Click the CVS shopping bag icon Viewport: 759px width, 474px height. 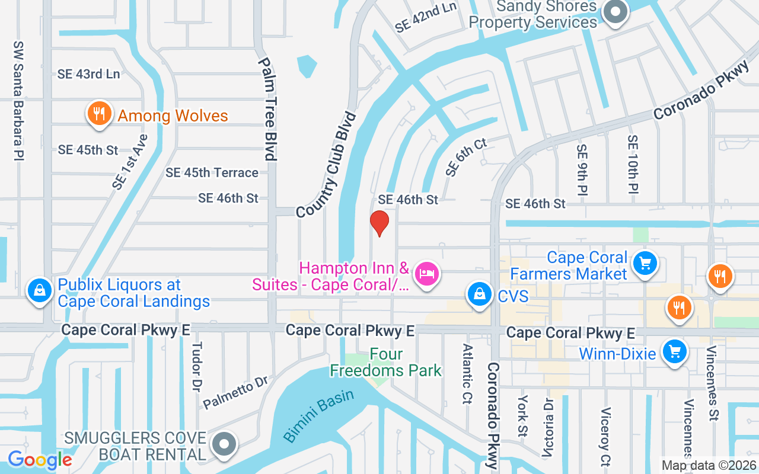coord(478,294)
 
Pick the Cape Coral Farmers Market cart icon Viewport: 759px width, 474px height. coord(645,264)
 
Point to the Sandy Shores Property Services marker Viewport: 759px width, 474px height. coord(616,11)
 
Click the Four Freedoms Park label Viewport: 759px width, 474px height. coord(385,363)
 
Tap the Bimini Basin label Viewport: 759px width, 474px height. coord(318,415)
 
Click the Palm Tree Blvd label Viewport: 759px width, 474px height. coord(267,109)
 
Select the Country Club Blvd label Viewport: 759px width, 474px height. coord(327,164)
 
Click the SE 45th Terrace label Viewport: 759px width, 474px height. coord(212,172)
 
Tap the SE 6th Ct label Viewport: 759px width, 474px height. coord(466,157)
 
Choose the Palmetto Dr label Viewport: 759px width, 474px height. coord(236,392)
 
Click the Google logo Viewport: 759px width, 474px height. coord(40,459)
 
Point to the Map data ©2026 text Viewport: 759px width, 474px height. coord(708,466)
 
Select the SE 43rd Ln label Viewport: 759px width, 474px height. coord(89,74)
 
